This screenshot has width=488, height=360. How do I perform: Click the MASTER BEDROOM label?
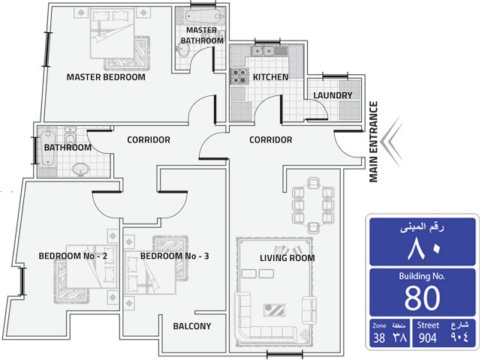point(106,77)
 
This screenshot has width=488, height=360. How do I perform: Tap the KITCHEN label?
point(270,77)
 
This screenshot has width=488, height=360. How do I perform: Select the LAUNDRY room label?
point(333,95)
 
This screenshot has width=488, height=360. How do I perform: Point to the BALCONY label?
point(192,326)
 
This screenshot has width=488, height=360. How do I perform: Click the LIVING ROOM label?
point(288,258)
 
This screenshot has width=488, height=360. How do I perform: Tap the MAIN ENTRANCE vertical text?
point(373,142)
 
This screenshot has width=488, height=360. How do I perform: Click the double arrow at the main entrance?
point(392,142)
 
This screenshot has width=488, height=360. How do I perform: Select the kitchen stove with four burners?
point(239,76)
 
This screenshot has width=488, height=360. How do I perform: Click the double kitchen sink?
point(263,51)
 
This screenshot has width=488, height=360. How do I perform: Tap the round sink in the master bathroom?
point(183,49)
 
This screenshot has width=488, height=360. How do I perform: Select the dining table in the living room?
point(313,205)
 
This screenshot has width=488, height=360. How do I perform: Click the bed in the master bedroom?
point(113,34)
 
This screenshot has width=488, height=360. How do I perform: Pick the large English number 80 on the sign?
point(423,298)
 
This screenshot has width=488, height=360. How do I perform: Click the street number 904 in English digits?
point(428,337)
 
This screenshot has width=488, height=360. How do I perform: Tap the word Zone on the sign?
point(379,325)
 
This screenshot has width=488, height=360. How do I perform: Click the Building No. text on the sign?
point(422,276)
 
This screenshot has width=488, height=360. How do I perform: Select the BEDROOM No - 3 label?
point(175,256)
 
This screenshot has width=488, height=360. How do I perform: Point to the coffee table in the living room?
point(274,310)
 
